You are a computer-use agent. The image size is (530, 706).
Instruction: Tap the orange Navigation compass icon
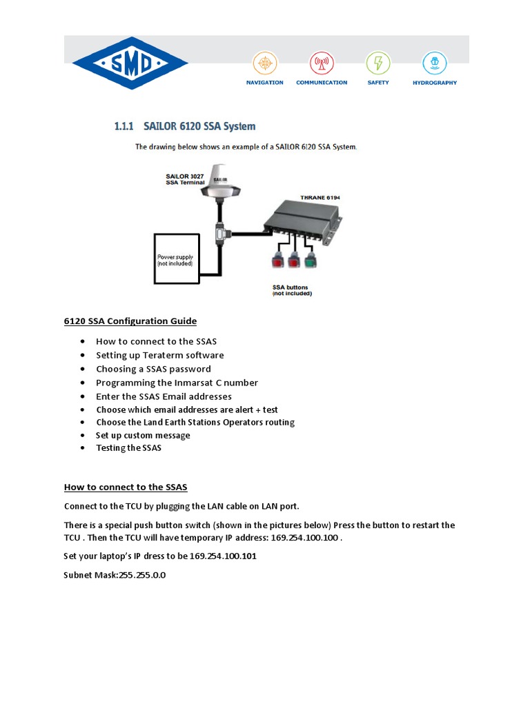(x=264, y=62)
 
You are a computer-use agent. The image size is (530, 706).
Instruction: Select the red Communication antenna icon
(x=321, y=62)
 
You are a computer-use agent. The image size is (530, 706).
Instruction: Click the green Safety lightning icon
(x=377, y=62)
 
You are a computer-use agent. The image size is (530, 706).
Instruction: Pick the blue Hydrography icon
(x=434, y=62)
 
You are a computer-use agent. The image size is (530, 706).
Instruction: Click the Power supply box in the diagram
(x=175, y=259)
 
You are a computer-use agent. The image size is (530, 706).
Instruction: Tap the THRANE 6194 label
(x=320, y=198)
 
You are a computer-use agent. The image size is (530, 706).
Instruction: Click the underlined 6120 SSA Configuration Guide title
(x=130, y=321)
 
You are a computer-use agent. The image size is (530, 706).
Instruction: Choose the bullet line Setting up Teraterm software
(x=159, y=355)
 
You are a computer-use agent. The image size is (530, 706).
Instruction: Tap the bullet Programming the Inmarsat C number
(x=177, y=383)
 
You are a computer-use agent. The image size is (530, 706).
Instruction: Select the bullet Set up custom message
(x=143, y=435)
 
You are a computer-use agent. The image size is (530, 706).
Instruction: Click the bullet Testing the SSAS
(x=128, y=448)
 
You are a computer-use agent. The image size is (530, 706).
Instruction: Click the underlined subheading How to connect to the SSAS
(x=126, y=487)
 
